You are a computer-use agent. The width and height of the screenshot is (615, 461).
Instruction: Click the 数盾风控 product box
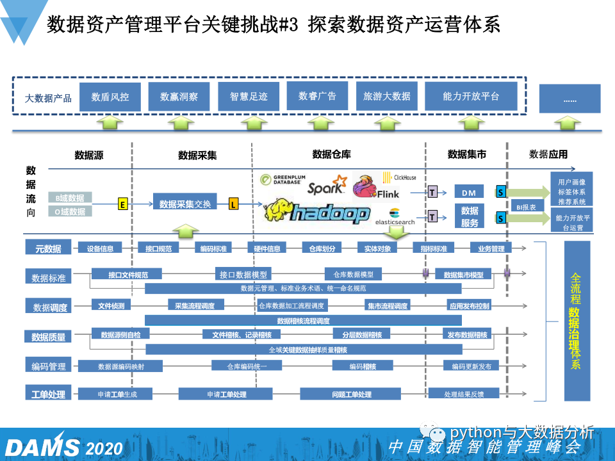110,97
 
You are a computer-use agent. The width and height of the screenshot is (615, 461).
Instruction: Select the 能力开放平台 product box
471,97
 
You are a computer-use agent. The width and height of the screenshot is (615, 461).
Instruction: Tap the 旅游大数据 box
386,96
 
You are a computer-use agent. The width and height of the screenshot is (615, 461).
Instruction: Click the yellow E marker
122,204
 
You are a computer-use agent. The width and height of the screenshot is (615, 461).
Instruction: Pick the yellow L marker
234,204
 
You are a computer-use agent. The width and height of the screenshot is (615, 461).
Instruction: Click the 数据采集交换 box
184,204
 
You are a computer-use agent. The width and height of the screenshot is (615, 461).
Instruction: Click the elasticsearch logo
395,217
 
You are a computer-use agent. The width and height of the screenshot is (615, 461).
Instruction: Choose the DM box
469,192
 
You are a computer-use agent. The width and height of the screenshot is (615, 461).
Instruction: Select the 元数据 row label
47,248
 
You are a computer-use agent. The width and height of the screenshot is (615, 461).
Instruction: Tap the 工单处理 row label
48,394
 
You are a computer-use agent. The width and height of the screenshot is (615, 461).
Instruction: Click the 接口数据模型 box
243,275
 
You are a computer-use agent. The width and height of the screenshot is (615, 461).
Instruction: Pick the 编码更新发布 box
471,366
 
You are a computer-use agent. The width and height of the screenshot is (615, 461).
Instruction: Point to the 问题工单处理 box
352,394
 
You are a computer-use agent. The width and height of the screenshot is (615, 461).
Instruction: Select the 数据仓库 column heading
331,154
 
